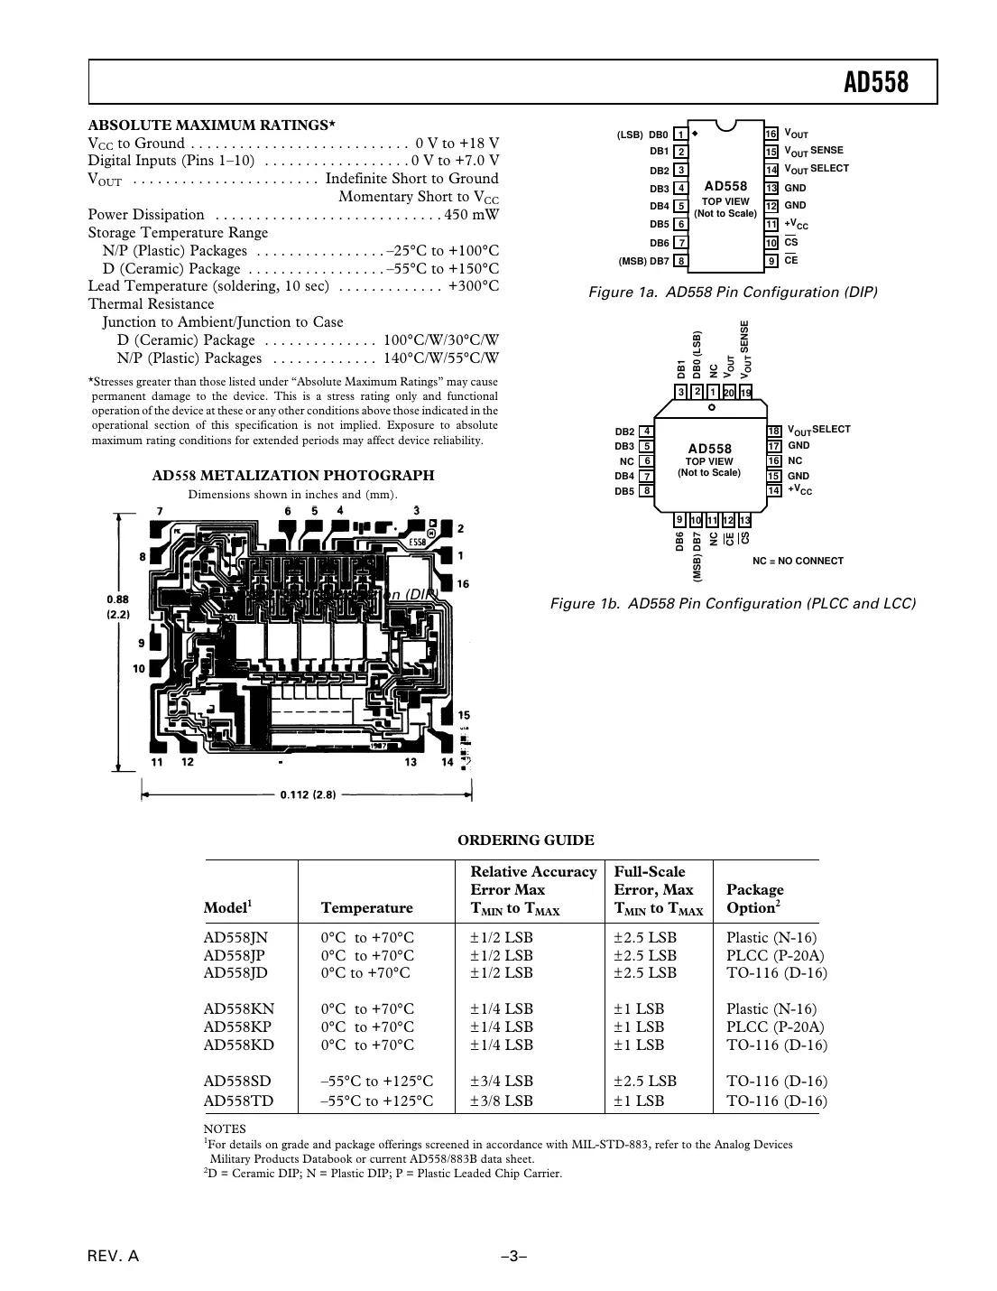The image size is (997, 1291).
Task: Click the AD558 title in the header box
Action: (875, 83)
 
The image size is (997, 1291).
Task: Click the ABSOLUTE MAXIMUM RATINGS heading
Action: (211, 125)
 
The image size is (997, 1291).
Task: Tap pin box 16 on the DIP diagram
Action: (771, 134)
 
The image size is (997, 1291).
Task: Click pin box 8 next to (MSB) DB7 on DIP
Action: (681, 262)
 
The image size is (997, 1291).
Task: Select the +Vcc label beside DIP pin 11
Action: (796, 225)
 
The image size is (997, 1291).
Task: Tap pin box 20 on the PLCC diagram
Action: (729, 392)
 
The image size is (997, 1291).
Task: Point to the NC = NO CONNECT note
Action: (798, 561)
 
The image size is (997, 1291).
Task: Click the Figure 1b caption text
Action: (733, 603)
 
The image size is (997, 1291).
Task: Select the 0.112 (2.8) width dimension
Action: (308, 795)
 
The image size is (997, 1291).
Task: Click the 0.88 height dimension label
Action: (117, 599)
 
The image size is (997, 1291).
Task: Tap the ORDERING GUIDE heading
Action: (525, 841)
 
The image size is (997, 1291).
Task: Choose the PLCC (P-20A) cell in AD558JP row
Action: (774, 955)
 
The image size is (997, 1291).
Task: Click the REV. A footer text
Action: (113, 1257)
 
